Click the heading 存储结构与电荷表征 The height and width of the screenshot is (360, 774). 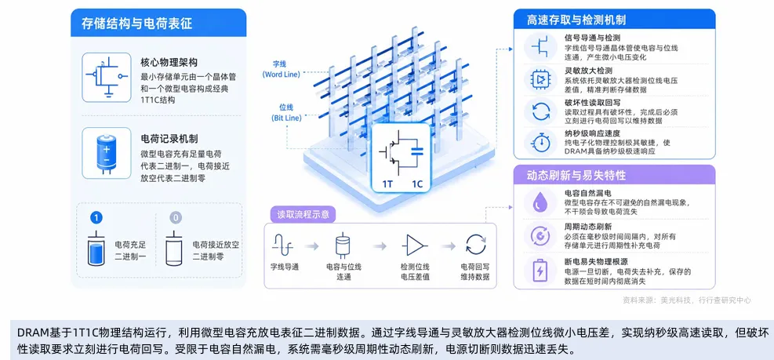(137, 24)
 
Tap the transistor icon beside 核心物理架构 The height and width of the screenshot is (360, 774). (107, 77)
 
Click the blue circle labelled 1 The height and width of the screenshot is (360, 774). (96, 218)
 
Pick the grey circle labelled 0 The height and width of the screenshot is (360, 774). (175, 218)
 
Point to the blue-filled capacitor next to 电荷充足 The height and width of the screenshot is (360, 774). (96, 249)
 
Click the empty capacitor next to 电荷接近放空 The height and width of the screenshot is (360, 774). (174, 249)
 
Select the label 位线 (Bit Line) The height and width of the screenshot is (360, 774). (286, 113)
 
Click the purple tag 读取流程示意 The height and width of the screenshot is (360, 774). (303, 215)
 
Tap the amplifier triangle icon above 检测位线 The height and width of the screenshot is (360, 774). (414, 245)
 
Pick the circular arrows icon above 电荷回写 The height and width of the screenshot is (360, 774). (476, 245)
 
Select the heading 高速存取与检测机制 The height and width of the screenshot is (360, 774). (576, 20)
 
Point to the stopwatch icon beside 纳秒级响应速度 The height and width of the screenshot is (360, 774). (541, 142)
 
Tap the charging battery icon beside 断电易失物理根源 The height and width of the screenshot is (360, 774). (540, 270)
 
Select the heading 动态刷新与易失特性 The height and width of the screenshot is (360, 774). (576, 176)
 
